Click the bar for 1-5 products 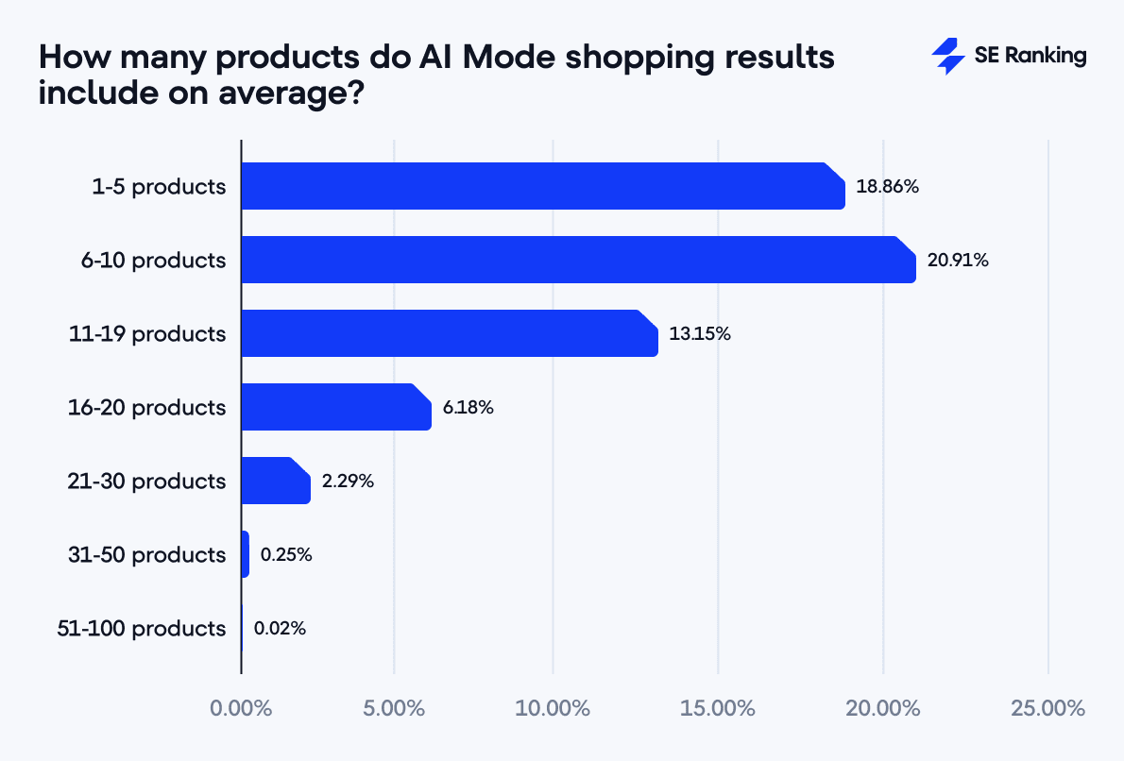click(x=543, y=186)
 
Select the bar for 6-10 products click(x=578, y=260)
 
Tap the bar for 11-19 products click(x=450, y=333)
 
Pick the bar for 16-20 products click(x=336, y=407)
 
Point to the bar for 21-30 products click(x=276, y=481)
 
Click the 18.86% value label click(x=887, y=186)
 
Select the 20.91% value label click(x=957, y=260)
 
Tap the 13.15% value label click(x=700, y=333)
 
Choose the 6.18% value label click(x=468, y=407)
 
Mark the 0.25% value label click(x=286, y=554)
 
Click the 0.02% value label click(x=280, y=628)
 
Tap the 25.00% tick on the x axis click(x=1048, y=707)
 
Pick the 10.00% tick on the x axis click(x=553, y=707)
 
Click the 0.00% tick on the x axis click(x=241, y=707)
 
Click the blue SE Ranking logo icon click(x=947, y=56)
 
